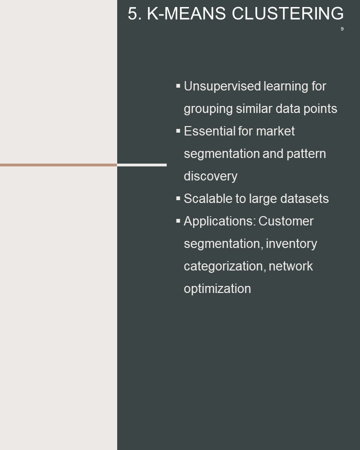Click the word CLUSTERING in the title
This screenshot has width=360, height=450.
tap(288, 14)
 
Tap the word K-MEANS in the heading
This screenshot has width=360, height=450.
tap(186, 14)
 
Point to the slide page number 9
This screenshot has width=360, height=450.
tap(342, 29)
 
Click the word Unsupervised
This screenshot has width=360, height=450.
tap(222, 86)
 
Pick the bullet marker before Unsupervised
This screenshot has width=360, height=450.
tap(178, 85)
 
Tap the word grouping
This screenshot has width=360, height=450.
tap(208, 109)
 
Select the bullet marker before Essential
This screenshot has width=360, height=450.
tap(178, 131)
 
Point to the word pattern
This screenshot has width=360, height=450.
tap(306, 154)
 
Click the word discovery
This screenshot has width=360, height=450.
tap(210, 176)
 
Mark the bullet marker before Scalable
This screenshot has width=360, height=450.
tap(178, 198)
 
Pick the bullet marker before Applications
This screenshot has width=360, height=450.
tap(178, 220)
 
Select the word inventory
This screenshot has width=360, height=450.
tap(292, 244)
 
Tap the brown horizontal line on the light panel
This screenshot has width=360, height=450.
tap(59, 165)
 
